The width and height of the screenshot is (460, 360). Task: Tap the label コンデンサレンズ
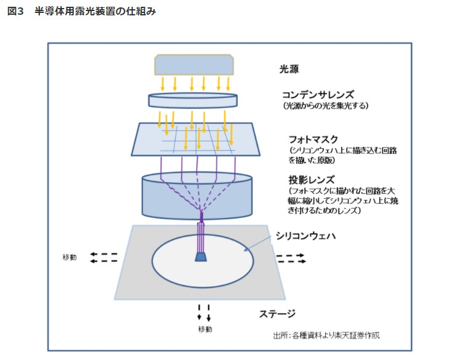pos(318,95)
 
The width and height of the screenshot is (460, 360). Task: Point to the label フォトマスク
pos(313,139)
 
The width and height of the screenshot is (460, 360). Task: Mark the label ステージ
pos(277,313)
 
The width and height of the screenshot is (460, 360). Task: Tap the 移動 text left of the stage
pos(69,257)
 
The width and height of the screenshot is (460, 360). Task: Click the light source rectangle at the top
pos(194,64)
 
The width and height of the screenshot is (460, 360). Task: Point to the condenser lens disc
pos(193,100)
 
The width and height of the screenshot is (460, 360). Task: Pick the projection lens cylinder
pos(197,197)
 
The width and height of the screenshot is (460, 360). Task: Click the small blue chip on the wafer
pos(201,257)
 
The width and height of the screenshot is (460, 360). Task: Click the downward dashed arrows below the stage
pos(204,312)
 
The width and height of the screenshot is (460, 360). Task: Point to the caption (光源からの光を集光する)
pos(325,106)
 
